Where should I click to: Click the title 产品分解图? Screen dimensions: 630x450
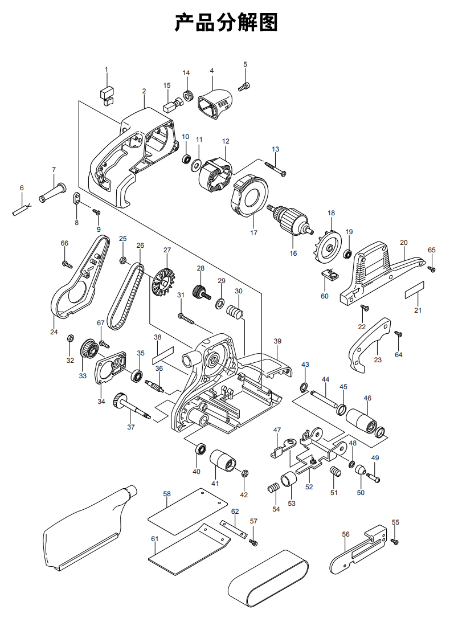(x=226, y=23)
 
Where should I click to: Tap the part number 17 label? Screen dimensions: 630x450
(x=253, y=232)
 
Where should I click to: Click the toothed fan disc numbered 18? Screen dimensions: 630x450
(x=327, y=246)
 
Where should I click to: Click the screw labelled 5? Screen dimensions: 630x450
(x=245, y=87)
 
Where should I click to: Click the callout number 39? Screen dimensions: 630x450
(x=277, y=341)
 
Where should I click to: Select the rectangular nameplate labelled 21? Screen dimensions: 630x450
(x=415, y=291)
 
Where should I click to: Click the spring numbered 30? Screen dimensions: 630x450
(x=235, y=312)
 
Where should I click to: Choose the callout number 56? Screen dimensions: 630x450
(x=346, y=534)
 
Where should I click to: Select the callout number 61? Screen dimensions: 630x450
(x=154, y=539)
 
